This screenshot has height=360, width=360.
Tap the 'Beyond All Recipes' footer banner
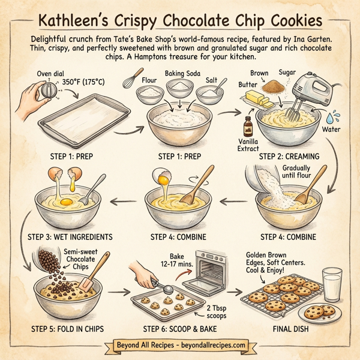180,346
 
